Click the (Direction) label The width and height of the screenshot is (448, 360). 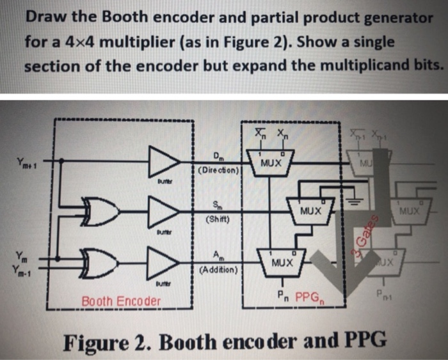(218, 171)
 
